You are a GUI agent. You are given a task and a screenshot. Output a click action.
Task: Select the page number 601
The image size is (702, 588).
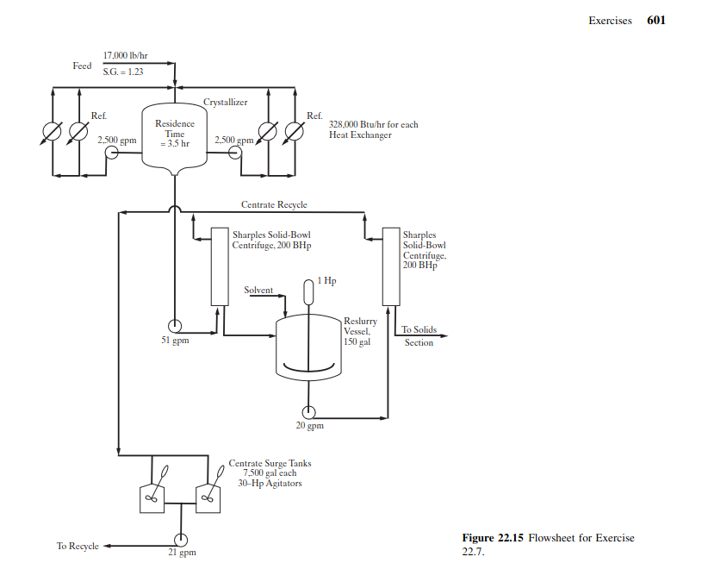[655, 21]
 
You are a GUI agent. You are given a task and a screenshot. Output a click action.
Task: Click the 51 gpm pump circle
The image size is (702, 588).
[174, 325]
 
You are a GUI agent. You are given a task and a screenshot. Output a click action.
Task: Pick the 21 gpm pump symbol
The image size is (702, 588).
[181, 540]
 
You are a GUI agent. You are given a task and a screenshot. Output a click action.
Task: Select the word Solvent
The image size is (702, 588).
[258, 290]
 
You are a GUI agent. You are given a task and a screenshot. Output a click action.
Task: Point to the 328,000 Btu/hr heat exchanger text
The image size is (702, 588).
[373, 129]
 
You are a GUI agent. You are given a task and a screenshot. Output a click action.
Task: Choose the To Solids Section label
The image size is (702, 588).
[419, 336]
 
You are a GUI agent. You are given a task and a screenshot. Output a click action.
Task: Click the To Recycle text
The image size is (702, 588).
[78, 546]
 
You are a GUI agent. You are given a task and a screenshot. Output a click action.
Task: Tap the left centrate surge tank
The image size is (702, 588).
[151, 497]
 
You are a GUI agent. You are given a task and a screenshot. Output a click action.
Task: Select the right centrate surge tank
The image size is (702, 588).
[208, 497]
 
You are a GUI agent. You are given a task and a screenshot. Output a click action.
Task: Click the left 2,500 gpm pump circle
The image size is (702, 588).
[112, 153]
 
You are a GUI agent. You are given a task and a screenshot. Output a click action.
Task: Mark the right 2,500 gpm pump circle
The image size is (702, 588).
[234, 153]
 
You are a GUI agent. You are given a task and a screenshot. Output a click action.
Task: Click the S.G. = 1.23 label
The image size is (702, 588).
[122, 72]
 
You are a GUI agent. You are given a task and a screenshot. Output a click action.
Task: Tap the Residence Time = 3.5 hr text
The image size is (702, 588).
[175, 134]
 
